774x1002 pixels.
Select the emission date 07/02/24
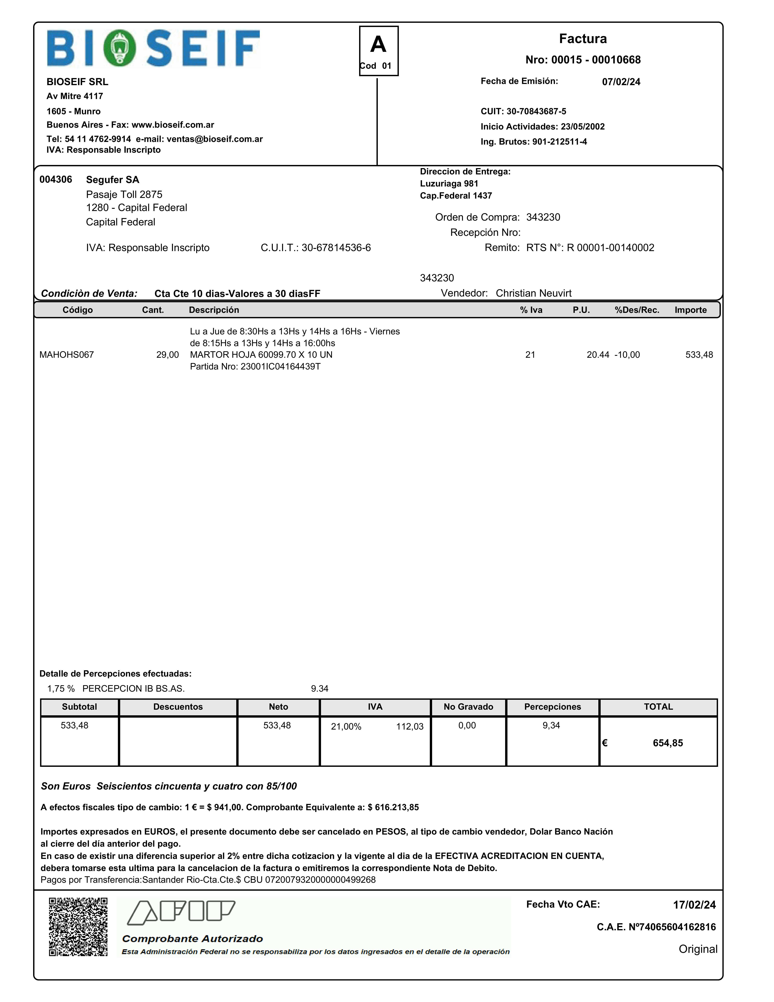[621, 82]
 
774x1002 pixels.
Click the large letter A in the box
[378, 45]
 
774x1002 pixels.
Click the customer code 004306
[55, 179]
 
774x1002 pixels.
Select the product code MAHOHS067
[67, 355]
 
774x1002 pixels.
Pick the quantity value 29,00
[167, 355]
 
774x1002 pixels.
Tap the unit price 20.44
[598, 355]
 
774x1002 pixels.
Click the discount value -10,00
[627, 355]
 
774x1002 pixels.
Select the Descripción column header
[214, 310]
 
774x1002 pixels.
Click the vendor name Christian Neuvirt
[533, 293]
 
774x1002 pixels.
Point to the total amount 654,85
[668, 743]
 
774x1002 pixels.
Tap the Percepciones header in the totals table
[552, 707]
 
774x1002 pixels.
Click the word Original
[698, 949]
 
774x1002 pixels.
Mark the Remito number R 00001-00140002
[610, 248]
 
